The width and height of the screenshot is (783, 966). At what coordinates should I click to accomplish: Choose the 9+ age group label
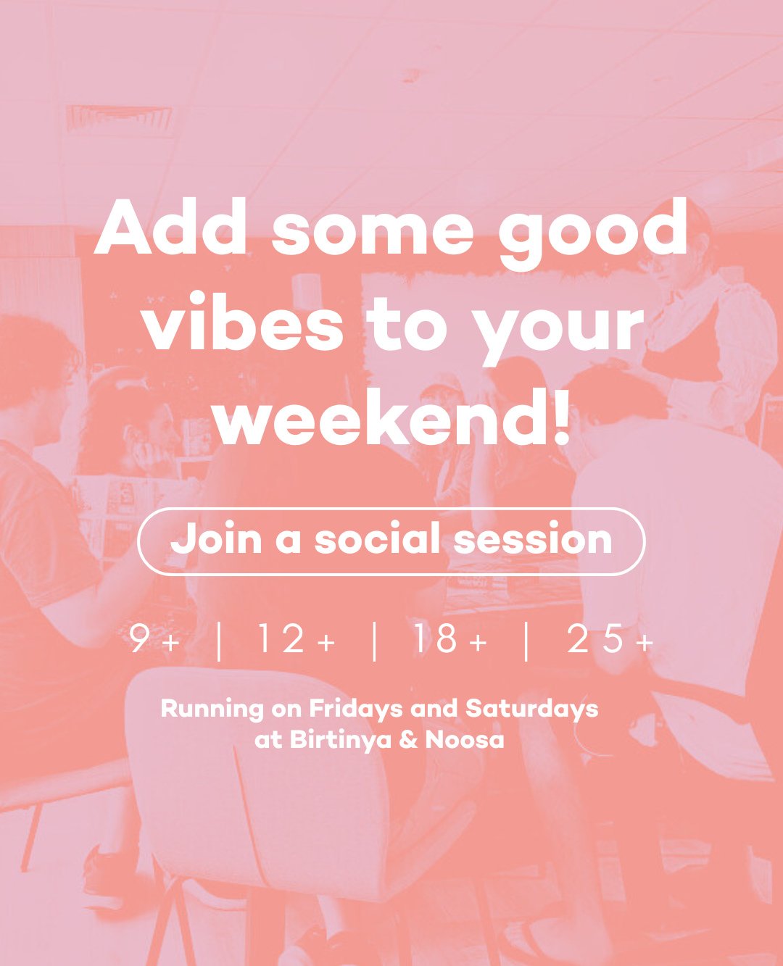tap(153, 641)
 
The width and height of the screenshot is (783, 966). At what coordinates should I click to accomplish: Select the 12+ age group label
tap(296, 641)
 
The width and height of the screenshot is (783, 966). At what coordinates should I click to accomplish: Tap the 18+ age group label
tap(449, 641)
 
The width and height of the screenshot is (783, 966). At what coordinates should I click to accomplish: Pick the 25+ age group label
tap(610, 641)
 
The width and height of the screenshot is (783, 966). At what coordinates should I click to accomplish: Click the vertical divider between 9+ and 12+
tap(219, 641)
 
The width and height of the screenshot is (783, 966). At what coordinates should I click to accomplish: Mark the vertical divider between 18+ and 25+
tap(526, 641)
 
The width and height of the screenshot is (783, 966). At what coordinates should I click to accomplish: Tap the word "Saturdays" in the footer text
tap(531, 709)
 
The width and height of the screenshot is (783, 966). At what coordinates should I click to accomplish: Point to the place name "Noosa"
tap(464, 740)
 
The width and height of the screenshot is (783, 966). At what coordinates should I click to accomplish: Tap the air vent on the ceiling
tap(119, 117)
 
